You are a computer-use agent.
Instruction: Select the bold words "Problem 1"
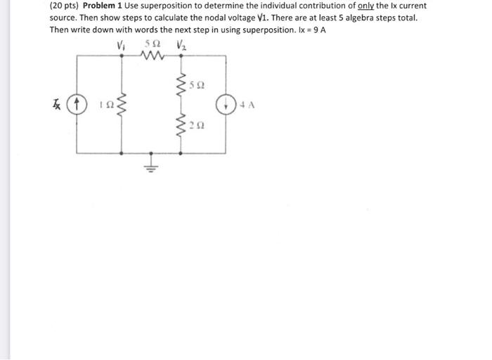(x=103, y=6)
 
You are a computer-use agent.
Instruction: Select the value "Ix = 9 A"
(x=309, y=30)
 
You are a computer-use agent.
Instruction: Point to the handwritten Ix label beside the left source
(x=60, y=105)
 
